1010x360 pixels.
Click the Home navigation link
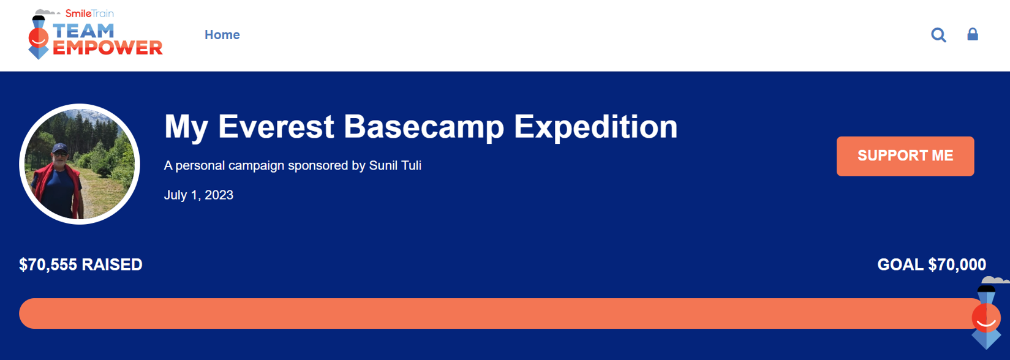pyautogui.click(x=222, y=35)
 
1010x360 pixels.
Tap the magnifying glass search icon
pyautogui.click(x=938, y=35)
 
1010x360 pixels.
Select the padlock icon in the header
pyautogui.click(x=973, y=34)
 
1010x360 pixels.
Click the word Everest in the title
pyautogui.click(x=276, y=127)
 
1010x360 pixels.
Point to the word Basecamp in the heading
pyautogui.click(x=424, y=127)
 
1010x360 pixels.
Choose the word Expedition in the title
pyautogui.click(x=595, y=127)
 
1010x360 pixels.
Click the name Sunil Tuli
pyautogui.click(x=395, y=165)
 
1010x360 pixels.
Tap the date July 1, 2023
pyautogui.click(x=198, y=195)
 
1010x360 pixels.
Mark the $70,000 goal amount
pyautogui.click(x=957, y=264)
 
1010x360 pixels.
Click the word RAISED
pyautogui.click(x=112, y=264)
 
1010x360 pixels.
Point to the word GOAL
pyautogui.click(x=900, y=264)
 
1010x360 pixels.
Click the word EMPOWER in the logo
pyautogui.click(x=107, y=47)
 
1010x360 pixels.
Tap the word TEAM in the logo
pyautogui.click(x=83, y=31)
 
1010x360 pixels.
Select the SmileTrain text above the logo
pyautogui.click(x=89, y=13)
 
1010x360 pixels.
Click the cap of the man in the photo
pyautogui.click(x=60, y=148)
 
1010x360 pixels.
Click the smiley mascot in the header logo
pyautogui.click(x=39, y=37)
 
